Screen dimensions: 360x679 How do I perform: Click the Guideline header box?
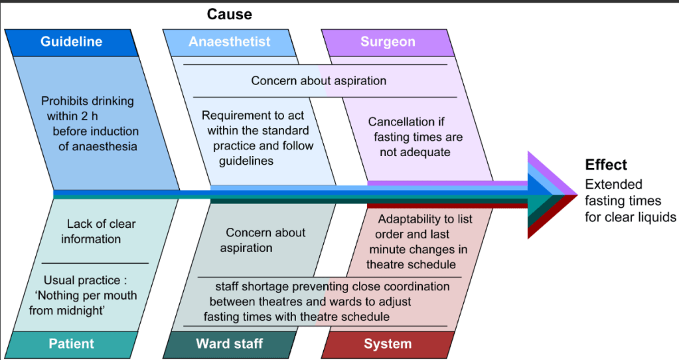pyautogui.click(x=71, y=42)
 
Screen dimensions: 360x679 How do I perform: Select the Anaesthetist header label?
pyautogui.click(x=230, y=42)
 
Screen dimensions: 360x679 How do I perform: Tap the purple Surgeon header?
pyautogui.click(x=388, y=42)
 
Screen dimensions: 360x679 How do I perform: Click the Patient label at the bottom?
pyautogui.click(x=71, y=344)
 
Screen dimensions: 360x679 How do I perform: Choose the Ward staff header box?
pyautogui.click(x=230, y=344)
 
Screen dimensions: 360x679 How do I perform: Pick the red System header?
pyautogui.click(x=388, y=344)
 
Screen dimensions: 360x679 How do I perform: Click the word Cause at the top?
pyautogui.click(x=230, y=14)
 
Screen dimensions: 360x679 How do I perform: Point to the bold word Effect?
pyautogui.click(x=605, y=165)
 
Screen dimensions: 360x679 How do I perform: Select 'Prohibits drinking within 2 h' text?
pyautogui.click(x=88, y=109)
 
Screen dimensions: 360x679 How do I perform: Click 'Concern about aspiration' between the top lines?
pyautogui.click(x=319, y=81)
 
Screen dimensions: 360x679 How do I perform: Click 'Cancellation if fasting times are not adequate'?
pyautogui.click(x=415, y=137)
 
